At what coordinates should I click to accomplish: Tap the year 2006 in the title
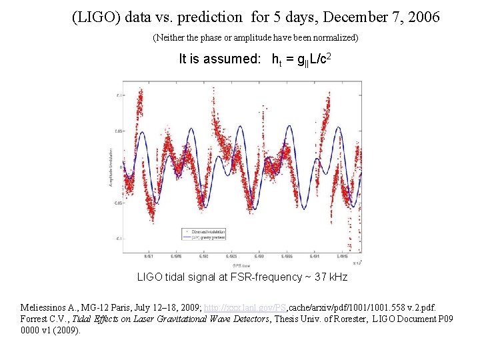[421, 17]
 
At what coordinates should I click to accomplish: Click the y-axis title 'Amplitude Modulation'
[111, 167]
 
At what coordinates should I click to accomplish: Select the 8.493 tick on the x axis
[259, 255]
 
